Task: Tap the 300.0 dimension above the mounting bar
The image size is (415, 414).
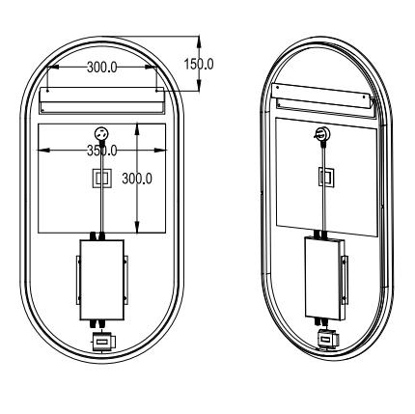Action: click(x=104, y=69)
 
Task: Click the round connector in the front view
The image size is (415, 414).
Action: click(x=101, y=134)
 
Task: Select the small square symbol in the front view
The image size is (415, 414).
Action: click(x=101, y=177)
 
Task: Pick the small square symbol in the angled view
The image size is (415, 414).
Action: click(x=325, y=176)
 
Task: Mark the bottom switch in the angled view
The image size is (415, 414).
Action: click(x=328, y=338)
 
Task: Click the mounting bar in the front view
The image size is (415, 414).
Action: click(x=102, y=101)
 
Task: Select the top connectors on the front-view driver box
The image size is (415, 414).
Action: click(x=100, y=235)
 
